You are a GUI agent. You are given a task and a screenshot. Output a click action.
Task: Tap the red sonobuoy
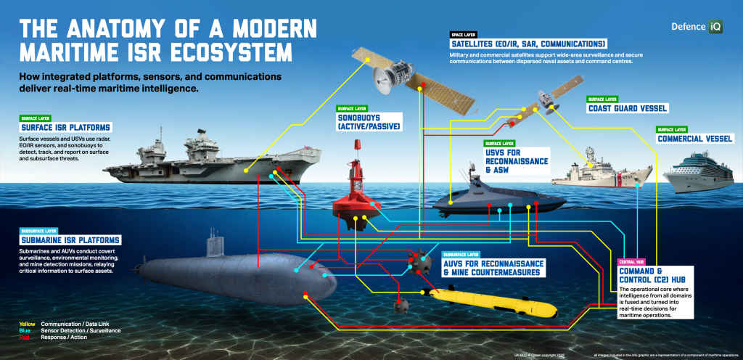tap(358, 196)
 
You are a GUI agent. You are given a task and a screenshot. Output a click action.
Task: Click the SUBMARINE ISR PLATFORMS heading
tap(70, 240)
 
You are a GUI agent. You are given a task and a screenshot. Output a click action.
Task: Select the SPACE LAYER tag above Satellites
tap(462, 34)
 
